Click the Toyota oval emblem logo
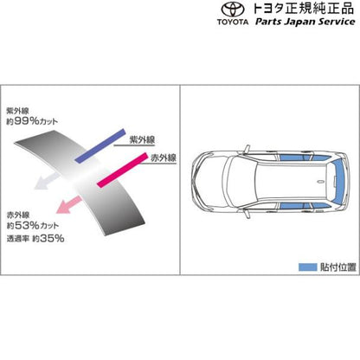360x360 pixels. pos(233,10)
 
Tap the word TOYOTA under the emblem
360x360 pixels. pos(233,22)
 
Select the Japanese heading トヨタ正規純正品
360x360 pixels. pos(303,9)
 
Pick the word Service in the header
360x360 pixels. pos(337,22)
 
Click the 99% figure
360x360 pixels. pos(26,121)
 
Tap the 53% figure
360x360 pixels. pos(27,225)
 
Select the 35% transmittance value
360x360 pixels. pos(52,238)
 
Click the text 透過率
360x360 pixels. pos(17,239)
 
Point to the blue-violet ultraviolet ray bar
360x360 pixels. pos(100,145)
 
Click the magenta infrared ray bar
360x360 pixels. pos(122,170)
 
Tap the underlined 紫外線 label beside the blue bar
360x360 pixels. pos(142,140)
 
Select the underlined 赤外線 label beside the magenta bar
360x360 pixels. pos(164,157)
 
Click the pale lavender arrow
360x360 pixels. pos(47,182)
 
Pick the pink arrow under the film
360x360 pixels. pos(68,204)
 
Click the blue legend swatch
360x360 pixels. pos(307,267)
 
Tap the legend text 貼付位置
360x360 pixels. pos(338,267)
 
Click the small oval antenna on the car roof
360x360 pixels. pos(321,182)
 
